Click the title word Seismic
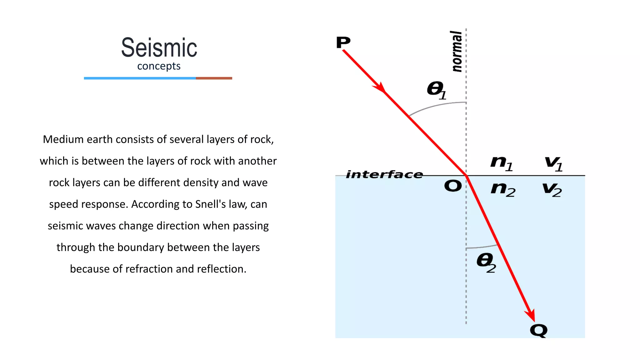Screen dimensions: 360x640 [x=159, y=48]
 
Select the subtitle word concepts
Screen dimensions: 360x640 [x=159, y=66]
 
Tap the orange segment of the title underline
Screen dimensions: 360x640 [x=214, y=78]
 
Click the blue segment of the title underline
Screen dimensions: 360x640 [x=140, y=78]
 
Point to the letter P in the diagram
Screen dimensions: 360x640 [x=343, y=42]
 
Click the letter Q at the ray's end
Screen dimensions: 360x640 [x=538, y=331]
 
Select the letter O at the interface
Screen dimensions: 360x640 [x=453, y=186]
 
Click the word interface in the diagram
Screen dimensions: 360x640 [x=384, y=174]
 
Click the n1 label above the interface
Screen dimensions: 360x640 [x=502, y=163]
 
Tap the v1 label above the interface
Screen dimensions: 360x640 [x=553, y=163]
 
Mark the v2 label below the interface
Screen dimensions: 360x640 [x=552, y=189]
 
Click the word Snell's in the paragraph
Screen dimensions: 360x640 [x=211, y=204]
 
